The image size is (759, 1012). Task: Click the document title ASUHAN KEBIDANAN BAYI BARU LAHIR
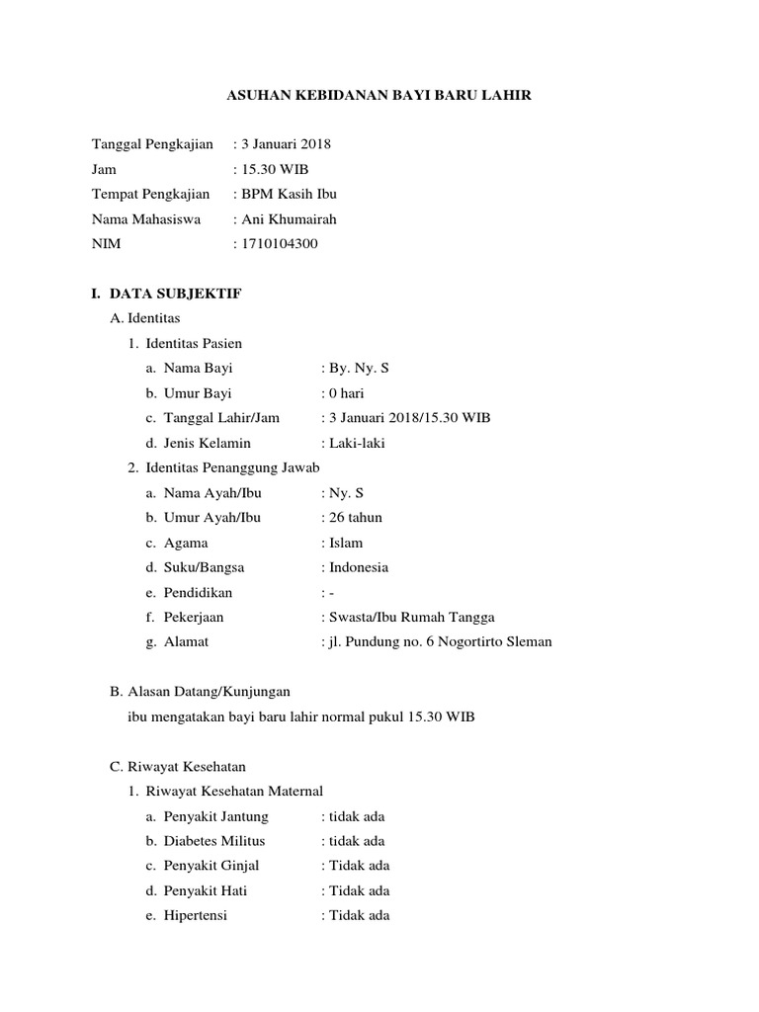coord(379,95)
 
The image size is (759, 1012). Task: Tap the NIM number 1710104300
coord(280,243)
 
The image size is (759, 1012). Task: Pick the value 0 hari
coord(347,393)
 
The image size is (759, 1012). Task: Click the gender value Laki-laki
coord(357,443)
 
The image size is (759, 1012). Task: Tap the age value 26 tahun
coord(356,517)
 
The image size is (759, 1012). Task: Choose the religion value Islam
coord(346,543)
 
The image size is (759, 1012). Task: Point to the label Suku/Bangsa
coord(204,567)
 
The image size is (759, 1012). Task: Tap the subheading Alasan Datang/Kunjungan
coord(209,692)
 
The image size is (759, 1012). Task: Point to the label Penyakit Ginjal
coord(211,866)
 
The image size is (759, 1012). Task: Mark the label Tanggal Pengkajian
coord(152,144)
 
